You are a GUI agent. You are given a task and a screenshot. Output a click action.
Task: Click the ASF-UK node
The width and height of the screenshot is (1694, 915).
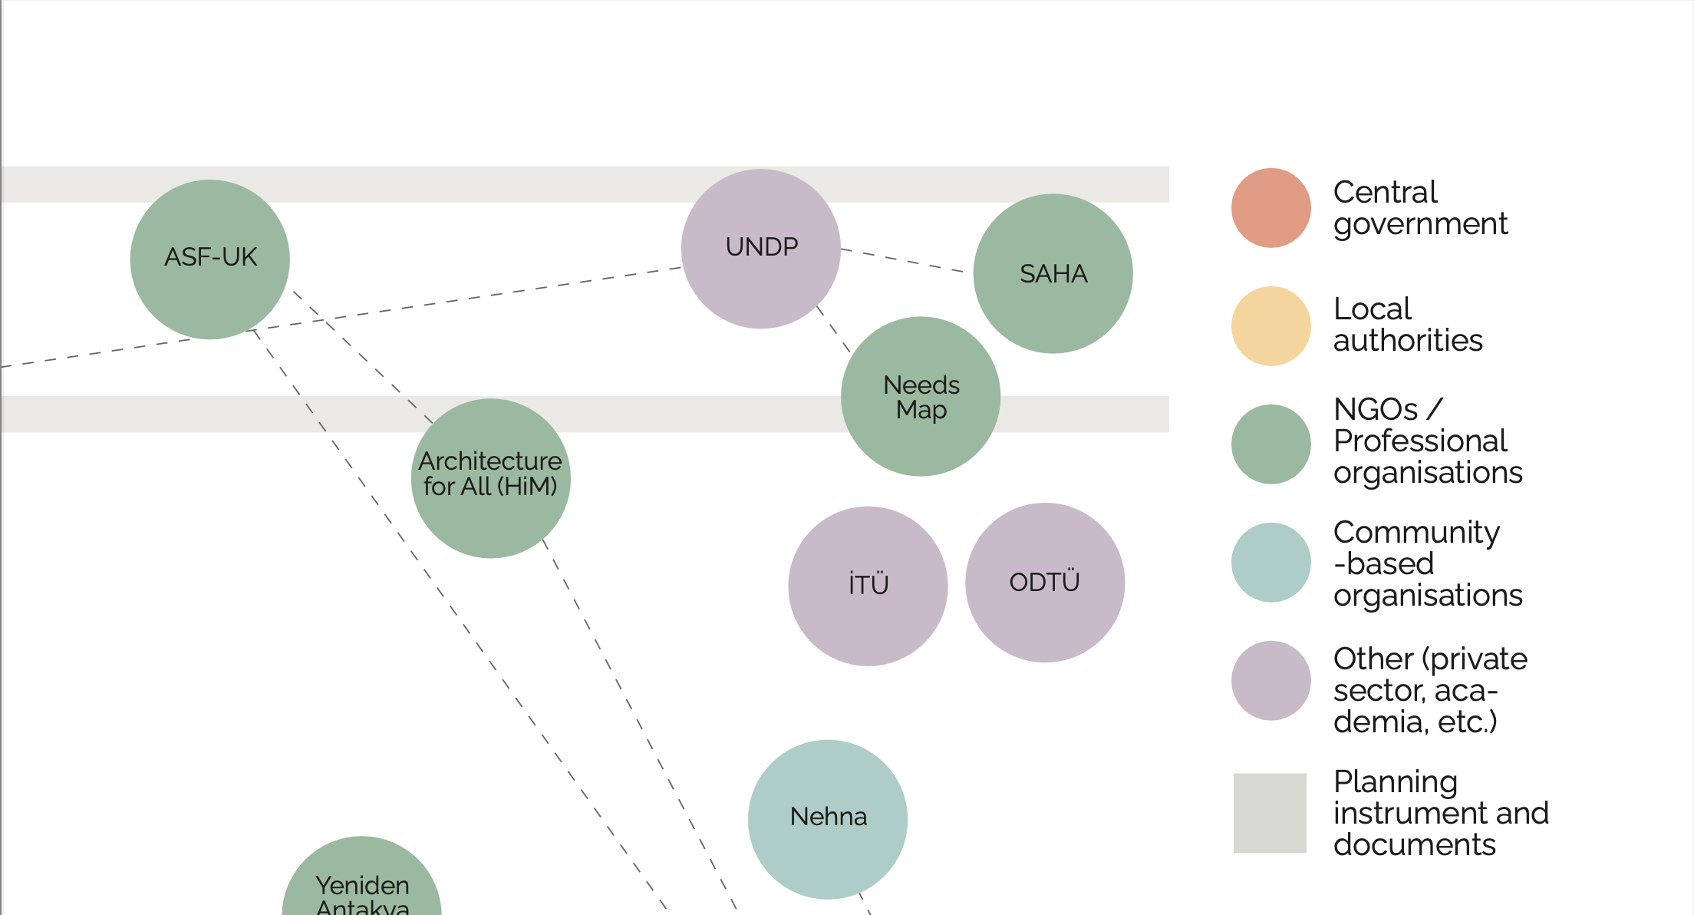coord(209,259)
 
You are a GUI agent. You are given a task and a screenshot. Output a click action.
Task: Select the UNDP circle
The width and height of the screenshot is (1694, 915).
coord(760,248)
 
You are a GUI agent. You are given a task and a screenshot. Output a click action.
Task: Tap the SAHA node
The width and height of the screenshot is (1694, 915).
coord(1053,273)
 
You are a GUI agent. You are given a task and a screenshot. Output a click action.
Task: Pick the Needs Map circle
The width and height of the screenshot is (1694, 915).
coord(920,396)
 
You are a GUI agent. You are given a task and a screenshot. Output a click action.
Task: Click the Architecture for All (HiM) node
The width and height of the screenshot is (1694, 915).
coord(490,477)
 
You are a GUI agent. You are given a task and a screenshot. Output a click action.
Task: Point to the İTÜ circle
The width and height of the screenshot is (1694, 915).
coord(868,586)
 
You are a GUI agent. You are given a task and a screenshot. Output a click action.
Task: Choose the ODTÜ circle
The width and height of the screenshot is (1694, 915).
coord(1044,583)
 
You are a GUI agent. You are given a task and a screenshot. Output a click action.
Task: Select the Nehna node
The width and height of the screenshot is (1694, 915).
coord(827,818)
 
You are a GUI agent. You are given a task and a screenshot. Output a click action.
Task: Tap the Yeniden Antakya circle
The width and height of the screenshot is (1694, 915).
coord(361,883)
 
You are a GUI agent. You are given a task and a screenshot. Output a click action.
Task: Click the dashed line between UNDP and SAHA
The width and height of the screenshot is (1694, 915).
coord(902,260)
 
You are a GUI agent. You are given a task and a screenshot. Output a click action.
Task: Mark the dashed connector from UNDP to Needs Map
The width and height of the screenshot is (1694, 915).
coord(833,329)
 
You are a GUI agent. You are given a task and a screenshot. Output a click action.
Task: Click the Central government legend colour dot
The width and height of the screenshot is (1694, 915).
coord(1270,208)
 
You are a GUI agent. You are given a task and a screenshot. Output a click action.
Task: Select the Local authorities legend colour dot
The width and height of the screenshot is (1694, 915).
coord(1270,325)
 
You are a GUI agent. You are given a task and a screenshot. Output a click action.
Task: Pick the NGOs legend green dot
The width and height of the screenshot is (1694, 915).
coord(1270,444)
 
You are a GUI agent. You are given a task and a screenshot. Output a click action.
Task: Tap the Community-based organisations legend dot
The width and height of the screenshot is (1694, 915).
coord(1270,562)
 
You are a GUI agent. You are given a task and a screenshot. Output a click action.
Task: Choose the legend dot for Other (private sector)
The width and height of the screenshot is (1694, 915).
coord(1270,680)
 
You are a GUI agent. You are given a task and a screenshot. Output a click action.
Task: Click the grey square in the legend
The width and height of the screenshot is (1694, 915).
coord(1270,812)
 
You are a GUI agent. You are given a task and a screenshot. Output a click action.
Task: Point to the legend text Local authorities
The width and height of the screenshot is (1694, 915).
coord(1407,325)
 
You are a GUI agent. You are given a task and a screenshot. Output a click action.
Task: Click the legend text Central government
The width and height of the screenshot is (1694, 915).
coord(1419,208)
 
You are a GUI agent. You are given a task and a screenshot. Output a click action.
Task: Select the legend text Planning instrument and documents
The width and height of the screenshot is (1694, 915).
coord(1440,813)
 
